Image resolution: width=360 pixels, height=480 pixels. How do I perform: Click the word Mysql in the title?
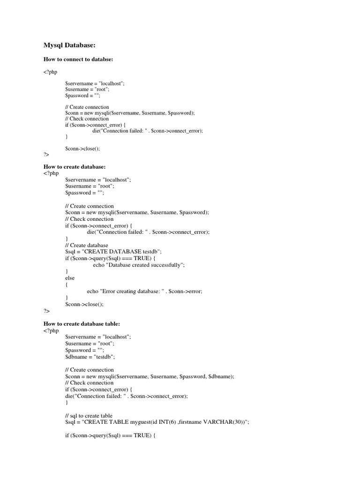[55, 45]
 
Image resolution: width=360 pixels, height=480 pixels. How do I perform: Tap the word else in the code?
[70, 278]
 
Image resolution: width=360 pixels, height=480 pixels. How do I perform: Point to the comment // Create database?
[87, 245]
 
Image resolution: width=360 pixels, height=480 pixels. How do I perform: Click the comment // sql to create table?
[89, 416]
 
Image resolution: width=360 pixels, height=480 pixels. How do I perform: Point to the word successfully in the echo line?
[166, 265]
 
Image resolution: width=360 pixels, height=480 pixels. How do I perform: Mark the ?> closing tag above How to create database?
[46, 154]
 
